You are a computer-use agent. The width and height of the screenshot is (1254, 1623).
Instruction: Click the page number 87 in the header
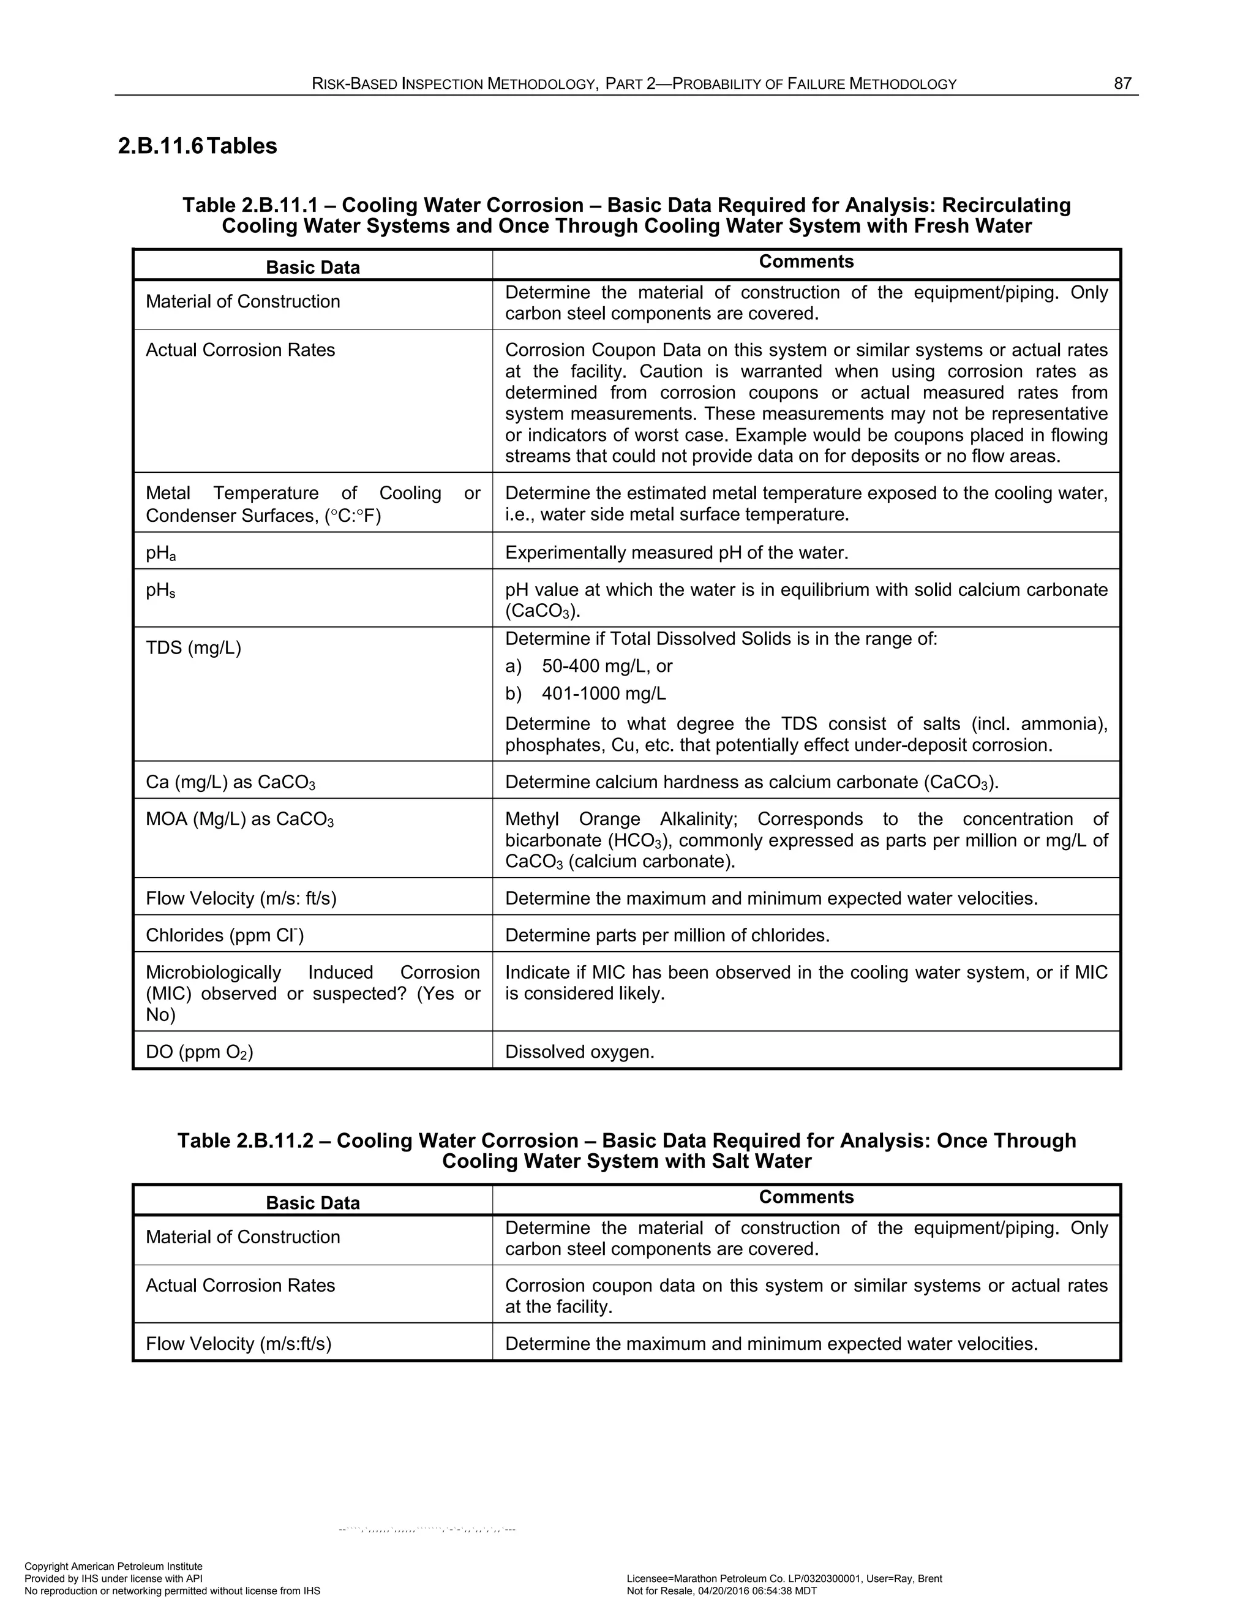tap(1122, 84)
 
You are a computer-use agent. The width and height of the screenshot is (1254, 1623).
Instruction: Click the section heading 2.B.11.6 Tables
tap(198, 146)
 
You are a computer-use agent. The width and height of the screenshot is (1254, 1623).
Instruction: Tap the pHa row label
tap(161, 553)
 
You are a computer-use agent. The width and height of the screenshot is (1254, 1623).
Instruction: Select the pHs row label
tap(161, 590)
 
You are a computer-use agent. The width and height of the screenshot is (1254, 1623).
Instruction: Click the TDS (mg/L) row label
tap(193, 648)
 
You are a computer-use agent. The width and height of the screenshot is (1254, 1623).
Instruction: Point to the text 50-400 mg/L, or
tap(607, 666)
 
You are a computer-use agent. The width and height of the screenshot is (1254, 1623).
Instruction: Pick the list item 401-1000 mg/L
tap(603, 693)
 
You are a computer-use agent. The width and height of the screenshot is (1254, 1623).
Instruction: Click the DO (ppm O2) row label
tap(199, 1052)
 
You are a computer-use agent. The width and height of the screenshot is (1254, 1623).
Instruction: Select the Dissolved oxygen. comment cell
tap(579, 1052)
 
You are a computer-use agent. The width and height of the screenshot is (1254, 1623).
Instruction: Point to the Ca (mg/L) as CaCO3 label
tap(230, 783)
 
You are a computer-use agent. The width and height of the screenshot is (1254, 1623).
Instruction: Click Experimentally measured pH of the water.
tap(676, 553)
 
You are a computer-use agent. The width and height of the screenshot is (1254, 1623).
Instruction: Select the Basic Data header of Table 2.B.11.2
tap(313, 1202)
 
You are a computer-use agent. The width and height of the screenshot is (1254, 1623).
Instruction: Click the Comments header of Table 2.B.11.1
tap(806, 262)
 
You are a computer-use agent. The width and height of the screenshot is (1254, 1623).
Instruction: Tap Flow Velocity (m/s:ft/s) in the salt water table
tap(238, 1344)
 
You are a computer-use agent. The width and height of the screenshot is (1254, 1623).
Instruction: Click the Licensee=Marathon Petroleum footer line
tap(784, 1578)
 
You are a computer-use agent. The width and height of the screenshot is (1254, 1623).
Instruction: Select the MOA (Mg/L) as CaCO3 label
tap(239, 819)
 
